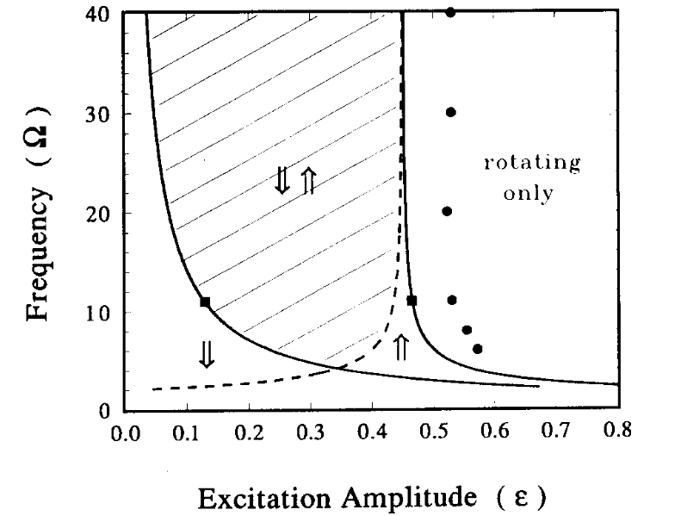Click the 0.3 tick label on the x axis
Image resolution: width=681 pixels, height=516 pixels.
tap(310, 431)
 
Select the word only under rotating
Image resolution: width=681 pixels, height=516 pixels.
tap(528, 193)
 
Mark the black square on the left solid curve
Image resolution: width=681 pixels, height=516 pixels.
tap(205, 302)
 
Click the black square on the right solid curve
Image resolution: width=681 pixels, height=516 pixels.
tap(412, 301)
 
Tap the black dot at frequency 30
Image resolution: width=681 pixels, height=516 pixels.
tap(450, 112)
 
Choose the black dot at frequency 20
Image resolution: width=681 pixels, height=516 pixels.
tap(447, 211)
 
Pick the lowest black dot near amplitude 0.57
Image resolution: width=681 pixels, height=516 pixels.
tap(478, 349)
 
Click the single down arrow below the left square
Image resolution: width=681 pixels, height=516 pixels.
tap(206, 354)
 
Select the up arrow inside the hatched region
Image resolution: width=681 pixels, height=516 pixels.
tap(309, 181)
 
